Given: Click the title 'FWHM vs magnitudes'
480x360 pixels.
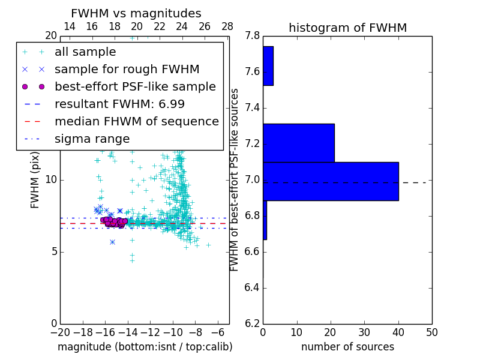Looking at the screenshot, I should click(136, 14).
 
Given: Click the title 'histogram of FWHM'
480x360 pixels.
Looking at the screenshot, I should click(347, 28).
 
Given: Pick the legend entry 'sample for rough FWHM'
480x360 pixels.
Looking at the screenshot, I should click(127, 70).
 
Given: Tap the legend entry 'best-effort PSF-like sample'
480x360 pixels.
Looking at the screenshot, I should click(135, 87).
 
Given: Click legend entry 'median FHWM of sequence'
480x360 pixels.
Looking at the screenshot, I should click(136, 122).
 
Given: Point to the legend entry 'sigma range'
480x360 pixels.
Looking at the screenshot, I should click(92, 139).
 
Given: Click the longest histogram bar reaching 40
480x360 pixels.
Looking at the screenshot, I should click(331, 181).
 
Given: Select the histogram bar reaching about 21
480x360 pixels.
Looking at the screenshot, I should click(298, 143).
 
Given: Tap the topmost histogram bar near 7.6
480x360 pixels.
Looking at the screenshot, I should click(268, 66).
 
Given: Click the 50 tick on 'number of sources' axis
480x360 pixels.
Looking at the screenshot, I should click(431, 332).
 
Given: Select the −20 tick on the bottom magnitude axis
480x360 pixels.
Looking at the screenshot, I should click(60, 332).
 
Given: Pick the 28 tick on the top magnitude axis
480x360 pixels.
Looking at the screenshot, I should click(227, 26).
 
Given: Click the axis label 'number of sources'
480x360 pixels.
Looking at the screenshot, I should click(347, 347).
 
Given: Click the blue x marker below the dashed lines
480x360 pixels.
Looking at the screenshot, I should click(112, 242).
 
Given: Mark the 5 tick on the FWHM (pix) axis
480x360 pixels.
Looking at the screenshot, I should click(54, 251).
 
